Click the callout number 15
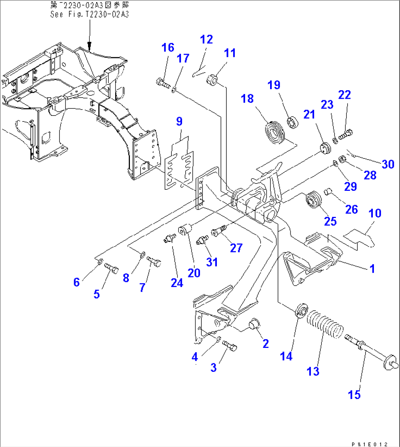tap(354, 395)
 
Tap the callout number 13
tap(313, 371)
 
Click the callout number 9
tap(179, 121)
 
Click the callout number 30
tap(388, 164)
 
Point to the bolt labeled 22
tap(345, 135)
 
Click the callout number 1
tap(372, 269)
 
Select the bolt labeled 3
tap(230, 345)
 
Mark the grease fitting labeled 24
tap(169, 239)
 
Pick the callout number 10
tap(375, 213)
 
